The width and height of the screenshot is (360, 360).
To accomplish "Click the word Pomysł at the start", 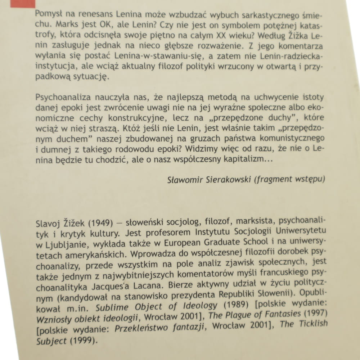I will (48, 15).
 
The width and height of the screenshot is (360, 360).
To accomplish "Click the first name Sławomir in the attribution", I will (183, 180).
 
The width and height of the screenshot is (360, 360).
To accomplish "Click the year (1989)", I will (236, 305).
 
